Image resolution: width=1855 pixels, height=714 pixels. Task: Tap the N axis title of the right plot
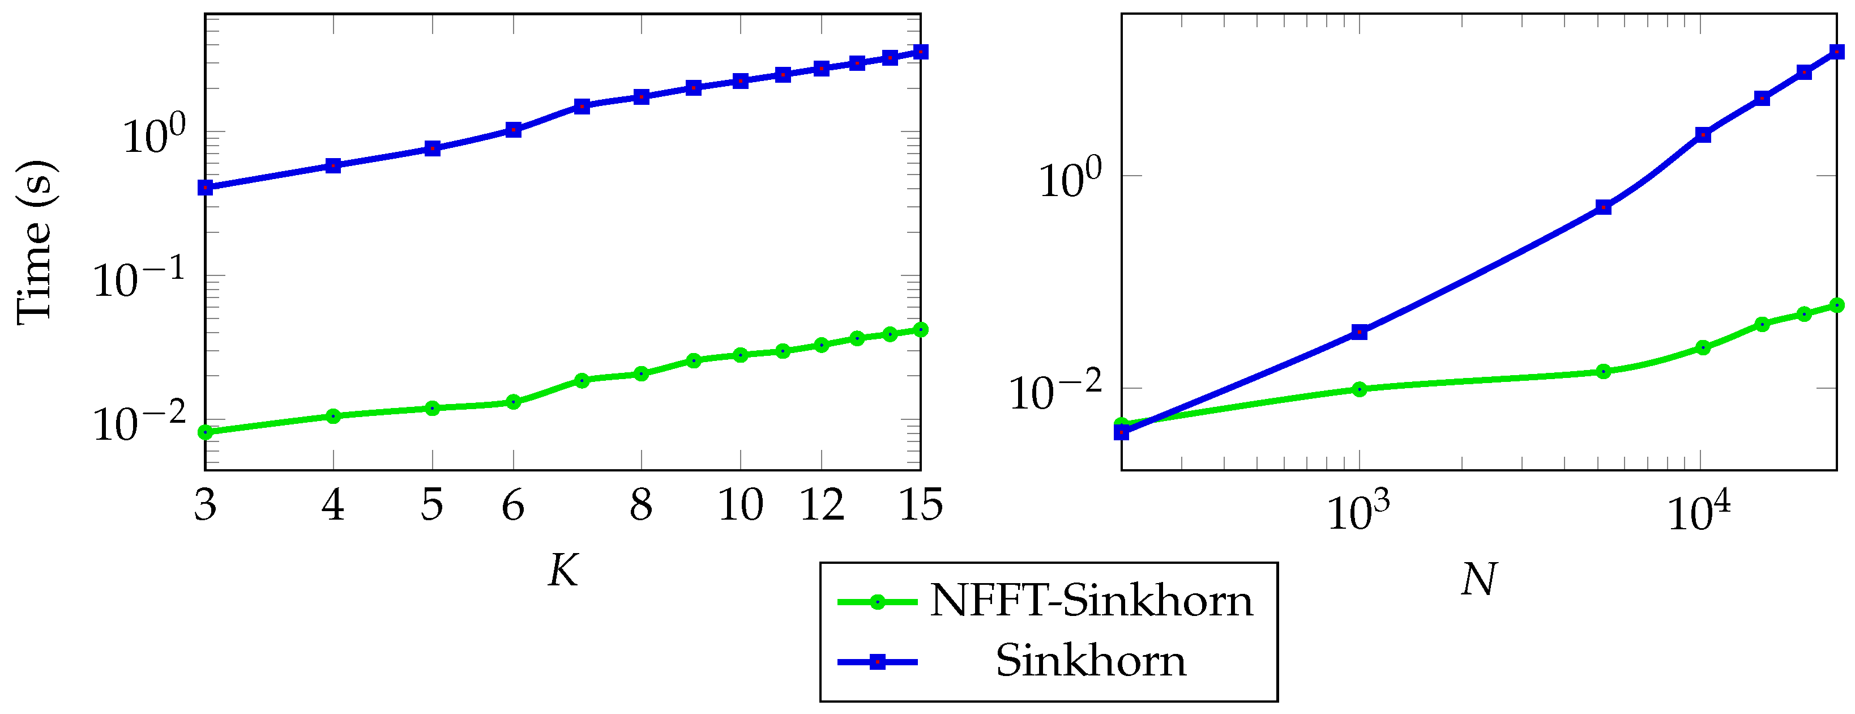tap(1479, 579)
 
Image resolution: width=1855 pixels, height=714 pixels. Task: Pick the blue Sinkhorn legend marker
tap(877, 661)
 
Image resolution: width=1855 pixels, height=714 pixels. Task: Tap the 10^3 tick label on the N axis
tap(1358, 512)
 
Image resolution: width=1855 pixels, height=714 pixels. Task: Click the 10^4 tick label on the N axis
tap(1699, 512)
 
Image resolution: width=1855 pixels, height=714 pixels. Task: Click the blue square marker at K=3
tap(205, 188)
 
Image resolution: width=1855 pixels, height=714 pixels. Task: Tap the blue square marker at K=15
tap(920, 52)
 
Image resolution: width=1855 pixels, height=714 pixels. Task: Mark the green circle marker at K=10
tap(740, 355)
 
